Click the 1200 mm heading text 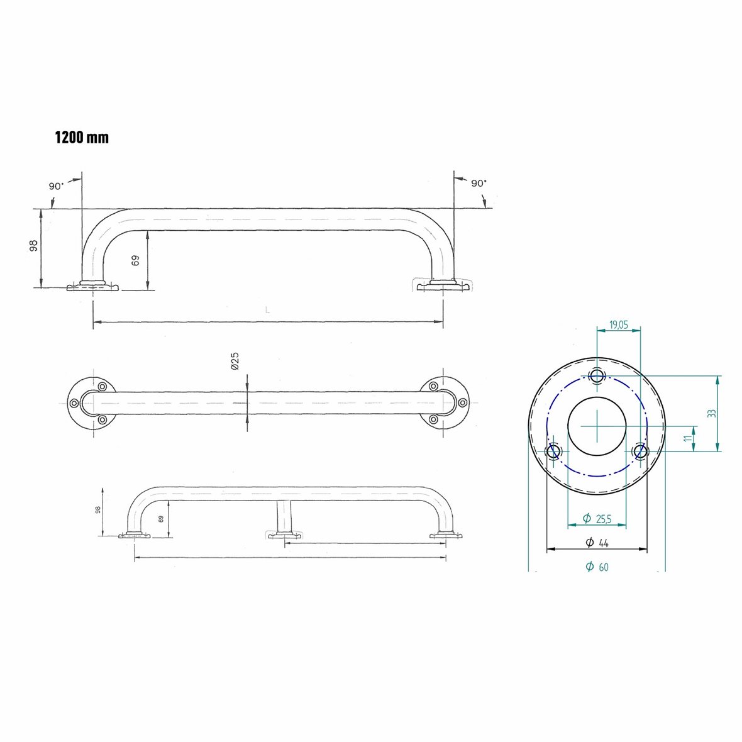point(82,137)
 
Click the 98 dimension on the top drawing point(34,246)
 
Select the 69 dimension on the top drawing point(136,260)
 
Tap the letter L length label point(267,310)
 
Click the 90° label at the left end point(56,186)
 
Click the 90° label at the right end point(479,183)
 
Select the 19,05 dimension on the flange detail point(618,324)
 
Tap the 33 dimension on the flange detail point(711,413)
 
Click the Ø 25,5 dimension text point(597,518)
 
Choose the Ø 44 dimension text point(597,543)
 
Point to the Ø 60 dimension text point(597,567)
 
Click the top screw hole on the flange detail point(597,376)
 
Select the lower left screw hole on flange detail point(553,451)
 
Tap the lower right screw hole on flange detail point(640,451)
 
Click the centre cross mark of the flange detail point(597,426)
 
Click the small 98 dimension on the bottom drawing point(98,510)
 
